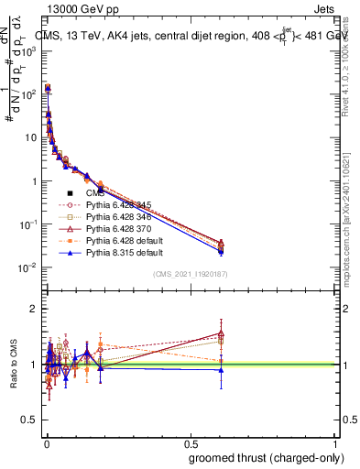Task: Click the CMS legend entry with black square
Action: [96, 193]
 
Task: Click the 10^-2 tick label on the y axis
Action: [27, 267]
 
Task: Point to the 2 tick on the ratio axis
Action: [35, 308]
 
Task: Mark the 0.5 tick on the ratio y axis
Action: [29, 420]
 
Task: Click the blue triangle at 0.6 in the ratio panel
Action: [220, 370]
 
